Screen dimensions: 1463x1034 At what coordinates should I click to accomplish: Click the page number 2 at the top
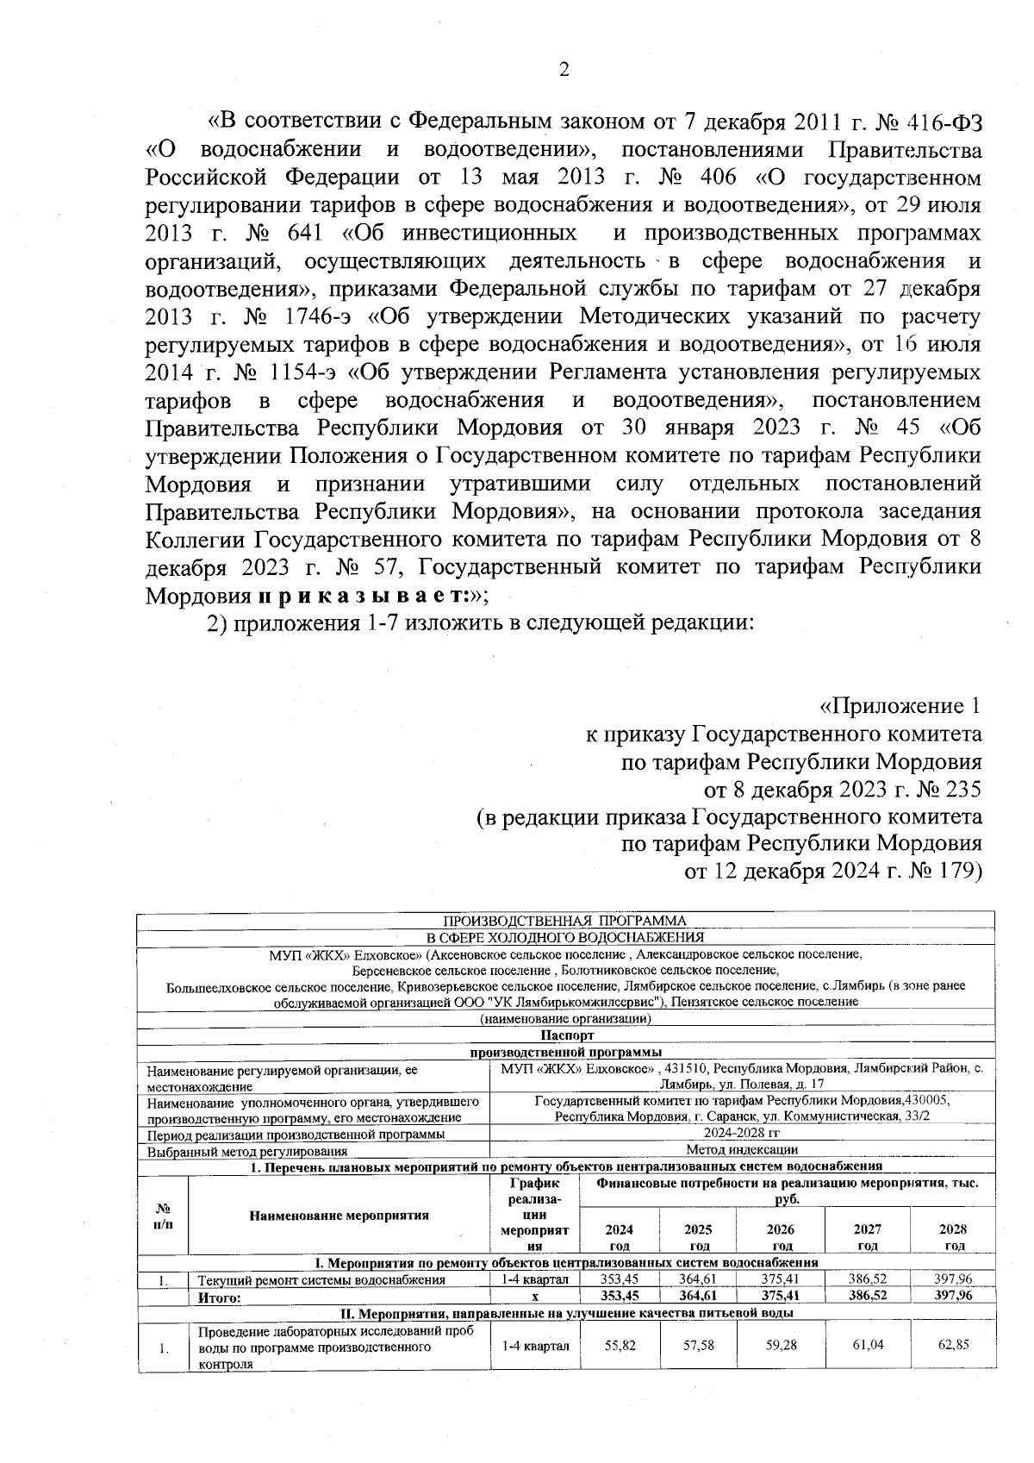[564, 70]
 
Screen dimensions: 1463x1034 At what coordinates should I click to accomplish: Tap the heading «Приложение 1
[899, 707]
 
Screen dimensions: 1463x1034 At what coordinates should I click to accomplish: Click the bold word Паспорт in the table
[567, 1035]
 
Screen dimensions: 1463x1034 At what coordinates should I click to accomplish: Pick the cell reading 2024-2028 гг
[741, 1134]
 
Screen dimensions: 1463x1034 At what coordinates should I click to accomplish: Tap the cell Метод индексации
[741, 1149]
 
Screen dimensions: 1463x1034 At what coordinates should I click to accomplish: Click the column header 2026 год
[781, 1237]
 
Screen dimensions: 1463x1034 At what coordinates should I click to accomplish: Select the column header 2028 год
[953, 1237]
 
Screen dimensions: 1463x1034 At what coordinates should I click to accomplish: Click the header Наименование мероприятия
[339, 1216]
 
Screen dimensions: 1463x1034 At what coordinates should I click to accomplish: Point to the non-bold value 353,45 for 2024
[619, 1279]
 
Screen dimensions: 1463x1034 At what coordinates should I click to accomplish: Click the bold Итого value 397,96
[953, 1295]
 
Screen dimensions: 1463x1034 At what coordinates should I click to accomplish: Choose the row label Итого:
[220, 1296]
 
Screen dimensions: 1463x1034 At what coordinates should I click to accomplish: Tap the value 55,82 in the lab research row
[620, 1345]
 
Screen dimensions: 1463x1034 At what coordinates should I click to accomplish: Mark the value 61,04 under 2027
[867, 1345]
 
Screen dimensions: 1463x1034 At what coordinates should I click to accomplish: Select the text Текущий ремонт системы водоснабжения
[321, 1279]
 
